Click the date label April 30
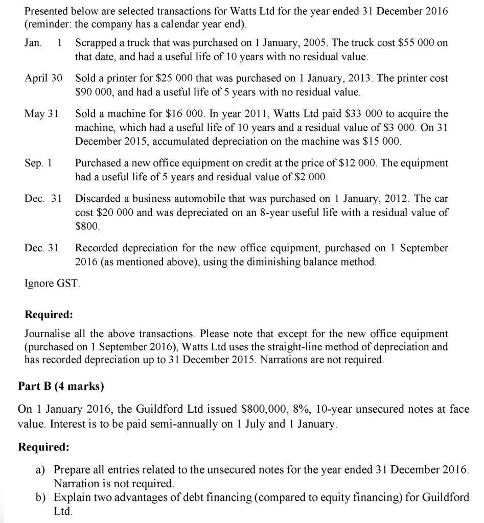point(43,79)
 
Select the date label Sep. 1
point(38,163)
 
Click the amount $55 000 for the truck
point(412,43)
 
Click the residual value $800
point(86,225)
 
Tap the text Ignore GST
point(53,282)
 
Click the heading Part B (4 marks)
point(61,387)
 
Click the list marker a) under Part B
point(42,469)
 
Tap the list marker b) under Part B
point(42,497)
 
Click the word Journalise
point(48,334)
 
